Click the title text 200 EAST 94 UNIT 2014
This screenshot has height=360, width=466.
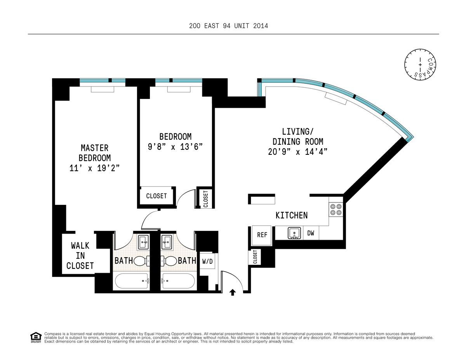click(x=228, y=26)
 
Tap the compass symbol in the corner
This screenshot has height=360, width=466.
click(x=420, y=64)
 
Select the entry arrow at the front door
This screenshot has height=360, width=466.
click(x=233, y=292)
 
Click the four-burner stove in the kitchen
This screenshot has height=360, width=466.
click(x=336, y=209)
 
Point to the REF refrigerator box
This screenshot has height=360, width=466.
click(x=262, y=235)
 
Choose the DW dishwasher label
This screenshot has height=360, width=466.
click(x=311, y=233)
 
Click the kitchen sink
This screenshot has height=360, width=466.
click(x=295, y=233)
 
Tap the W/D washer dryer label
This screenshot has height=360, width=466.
click(x=207, y=261)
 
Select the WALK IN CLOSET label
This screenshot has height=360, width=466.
click(x=80, y=256)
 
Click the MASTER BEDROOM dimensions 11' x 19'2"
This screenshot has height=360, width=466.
click(x=94, y=168)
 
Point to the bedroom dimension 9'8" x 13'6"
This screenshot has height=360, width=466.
click(x=175, y=147)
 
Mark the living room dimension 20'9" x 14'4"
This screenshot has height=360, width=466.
click(x=297, y=152)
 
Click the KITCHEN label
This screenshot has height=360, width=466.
click(x=291, y=215)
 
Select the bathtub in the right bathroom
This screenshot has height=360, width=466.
click(x=179, y=281)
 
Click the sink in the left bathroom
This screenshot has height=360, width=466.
click(x=143, y=242)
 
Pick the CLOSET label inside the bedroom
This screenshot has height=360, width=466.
click(x=156, y=196)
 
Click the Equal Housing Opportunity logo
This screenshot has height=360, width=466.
click(x=36, y=337)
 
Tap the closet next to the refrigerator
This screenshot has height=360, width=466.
click(x=255, y=257)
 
